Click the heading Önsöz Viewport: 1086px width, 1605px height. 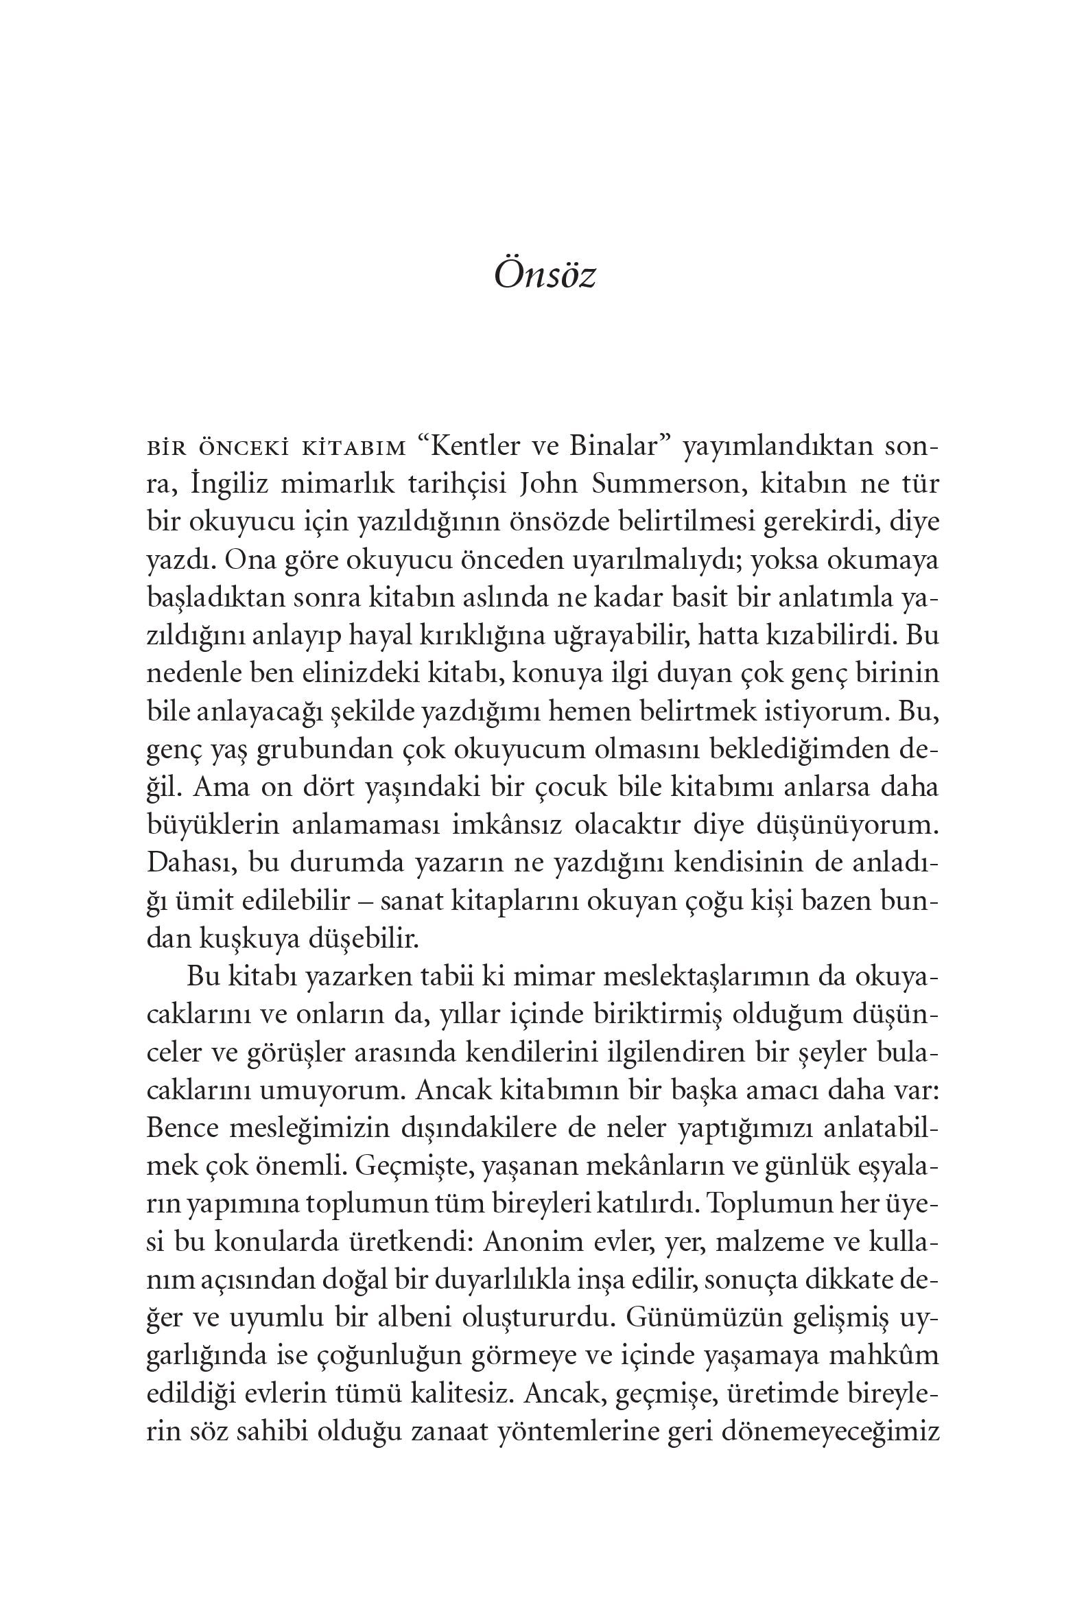click(x=544, y=277)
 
